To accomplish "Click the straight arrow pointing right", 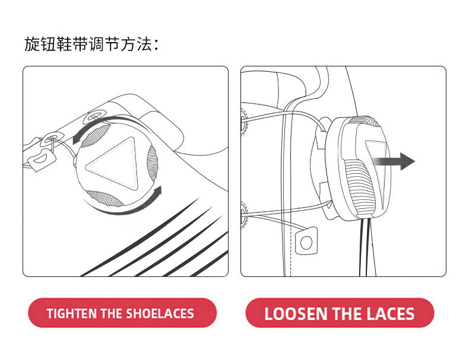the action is click(x=394, y=161).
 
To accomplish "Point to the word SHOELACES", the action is click(x=160, y=314).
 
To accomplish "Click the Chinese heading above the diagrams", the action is click(x=91, y=44).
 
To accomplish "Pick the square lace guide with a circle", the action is click(x=306, y=241).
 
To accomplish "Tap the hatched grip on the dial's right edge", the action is click(x=151, y=164).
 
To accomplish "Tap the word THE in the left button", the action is click(x=112, y=314).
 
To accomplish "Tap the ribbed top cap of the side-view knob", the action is click(x=366, y=121).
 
